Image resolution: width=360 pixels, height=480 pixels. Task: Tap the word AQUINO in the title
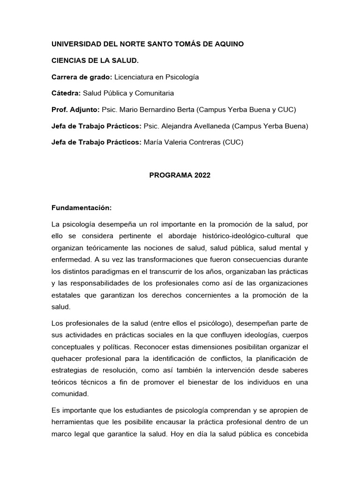click(x=228, y=44)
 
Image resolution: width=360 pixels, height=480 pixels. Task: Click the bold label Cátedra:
click(x=66, y=93)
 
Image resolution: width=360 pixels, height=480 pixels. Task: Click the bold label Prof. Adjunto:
click(x=75, y=110)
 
